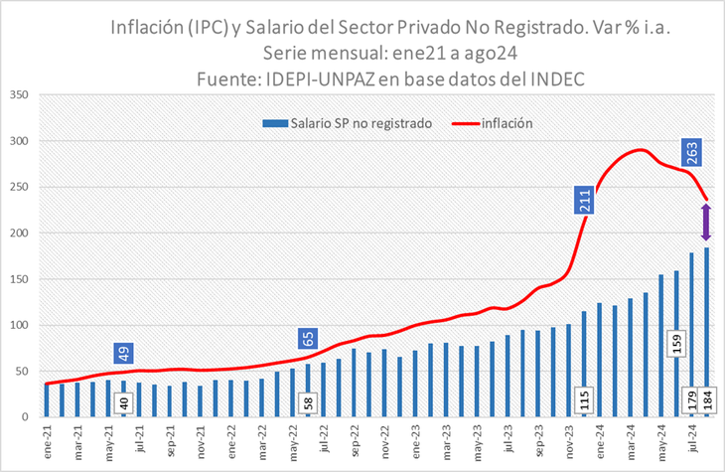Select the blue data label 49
point(124,354)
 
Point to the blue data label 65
point(309,339)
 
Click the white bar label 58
point(309,402)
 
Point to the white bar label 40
point(124,403)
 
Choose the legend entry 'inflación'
point(507,124)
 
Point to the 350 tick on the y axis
point(20,95)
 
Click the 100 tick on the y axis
point(20,325)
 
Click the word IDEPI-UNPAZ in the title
point(335,77)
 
